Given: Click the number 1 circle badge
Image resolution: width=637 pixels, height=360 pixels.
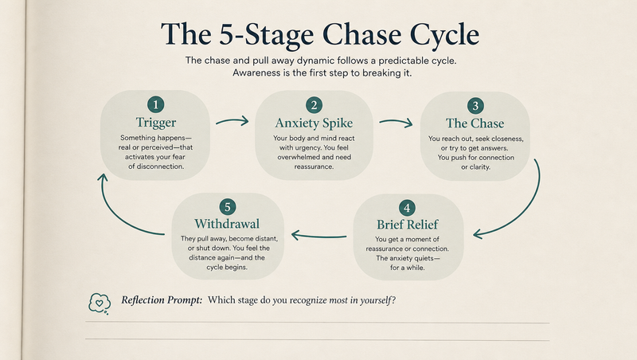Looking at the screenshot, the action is pyautogui.click(x=155, y=104).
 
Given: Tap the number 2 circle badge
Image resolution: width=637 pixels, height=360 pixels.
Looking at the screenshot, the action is pyautogui.click(x=314, y=105).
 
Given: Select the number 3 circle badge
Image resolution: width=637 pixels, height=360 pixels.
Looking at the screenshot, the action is pyautogui.click(x=475, y=106).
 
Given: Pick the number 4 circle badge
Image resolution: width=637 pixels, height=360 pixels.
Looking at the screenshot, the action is pyautogui.click(x=407, y=208).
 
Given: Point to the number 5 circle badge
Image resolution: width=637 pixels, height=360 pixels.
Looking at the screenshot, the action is pyautogui.click(x=228, y=207).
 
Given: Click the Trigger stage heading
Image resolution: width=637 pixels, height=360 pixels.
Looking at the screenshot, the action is pyautogui.click(x=156, y=123).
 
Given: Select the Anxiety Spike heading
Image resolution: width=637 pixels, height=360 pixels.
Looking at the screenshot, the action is pyautogui.click(x=314, y=123).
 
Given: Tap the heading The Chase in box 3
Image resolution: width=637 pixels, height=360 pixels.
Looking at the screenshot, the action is pyautogui.click(x=475, y=123).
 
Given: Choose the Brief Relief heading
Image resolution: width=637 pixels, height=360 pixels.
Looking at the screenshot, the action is pyautogui.click(x=407, y=225).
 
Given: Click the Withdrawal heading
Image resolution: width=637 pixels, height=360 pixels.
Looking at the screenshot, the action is pyautogui.click(x=227, y=224).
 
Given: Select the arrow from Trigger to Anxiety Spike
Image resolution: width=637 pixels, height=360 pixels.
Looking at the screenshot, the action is pyautogui.click(x=233, y=120).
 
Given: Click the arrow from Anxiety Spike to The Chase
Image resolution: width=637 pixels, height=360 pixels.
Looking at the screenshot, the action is pyautogui.click(x=396, y=122).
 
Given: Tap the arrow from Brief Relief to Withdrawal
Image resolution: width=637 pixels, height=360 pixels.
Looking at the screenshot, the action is pyautogui.click(x=319, y=236).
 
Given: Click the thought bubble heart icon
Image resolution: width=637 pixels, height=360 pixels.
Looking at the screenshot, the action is pyautogui.click(x=100, y=303).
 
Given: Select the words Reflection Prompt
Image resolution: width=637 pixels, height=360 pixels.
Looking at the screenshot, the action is pyautogui.click(x=162, y=300).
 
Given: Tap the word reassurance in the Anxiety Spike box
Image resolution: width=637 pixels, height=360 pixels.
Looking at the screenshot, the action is pyautogui.click(x=314, y=166).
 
